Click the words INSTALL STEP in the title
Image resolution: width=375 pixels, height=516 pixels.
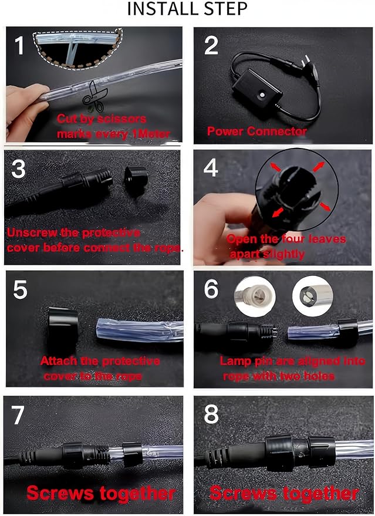point(187,9)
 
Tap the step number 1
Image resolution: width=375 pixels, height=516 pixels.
point(19,45)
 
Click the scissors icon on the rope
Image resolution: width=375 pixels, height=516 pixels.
point(94,97)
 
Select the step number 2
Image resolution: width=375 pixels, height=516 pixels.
point(211,46)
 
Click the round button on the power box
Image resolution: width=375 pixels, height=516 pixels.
point(262,95)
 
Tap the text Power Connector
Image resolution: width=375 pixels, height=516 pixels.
point(257,131)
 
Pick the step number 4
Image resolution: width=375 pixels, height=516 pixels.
point(211,168)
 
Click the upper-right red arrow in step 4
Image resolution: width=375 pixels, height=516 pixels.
point(318,167)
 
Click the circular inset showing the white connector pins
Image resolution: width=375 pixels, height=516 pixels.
point(255,296)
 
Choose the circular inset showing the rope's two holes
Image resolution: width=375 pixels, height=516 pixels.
point(312,296)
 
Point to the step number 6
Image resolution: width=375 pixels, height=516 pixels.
point(211,289)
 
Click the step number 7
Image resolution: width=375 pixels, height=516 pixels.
point(18,414)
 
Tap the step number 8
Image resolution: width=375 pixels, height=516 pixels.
point(211,414)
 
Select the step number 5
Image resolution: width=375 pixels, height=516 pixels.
point(20,289)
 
